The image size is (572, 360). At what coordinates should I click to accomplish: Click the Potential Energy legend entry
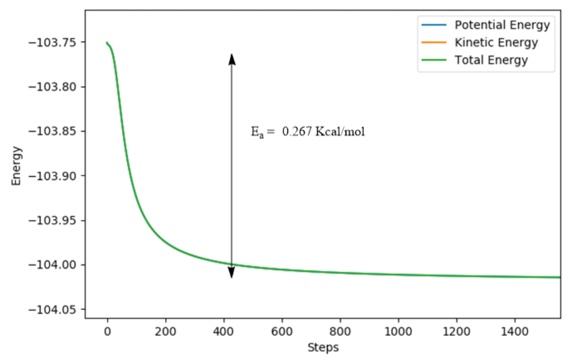pos(502,25)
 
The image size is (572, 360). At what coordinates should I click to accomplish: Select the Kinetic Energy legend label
pos(496,43)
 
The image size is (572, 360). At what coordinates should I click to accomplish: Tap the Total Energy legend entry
pos(491,60)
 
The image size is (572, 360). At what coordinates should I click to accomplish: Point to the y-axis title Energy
pos(17,165)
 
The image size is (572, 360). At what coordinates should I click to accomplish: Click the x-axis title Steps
pos(323,348)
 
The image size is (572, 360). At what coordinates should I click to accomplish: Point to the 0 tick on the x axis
pos(107,331)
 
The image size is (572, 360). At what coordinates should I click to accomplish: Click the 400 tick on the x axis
pos(224,331)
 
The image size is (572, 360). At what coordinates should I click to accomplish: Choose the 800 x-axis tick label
pos(340,331)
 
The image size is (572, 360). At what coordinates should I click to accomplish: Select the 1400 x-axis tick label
pos(514,331)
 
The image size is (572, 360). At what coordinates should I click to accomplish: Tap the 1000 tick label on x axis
pos(398,331)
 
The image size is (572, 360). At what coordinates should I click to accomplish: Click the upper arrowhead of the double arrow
pos(232,59)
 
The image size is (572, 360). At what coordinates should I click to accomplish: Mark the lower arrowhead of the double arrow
pos(232,272)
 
